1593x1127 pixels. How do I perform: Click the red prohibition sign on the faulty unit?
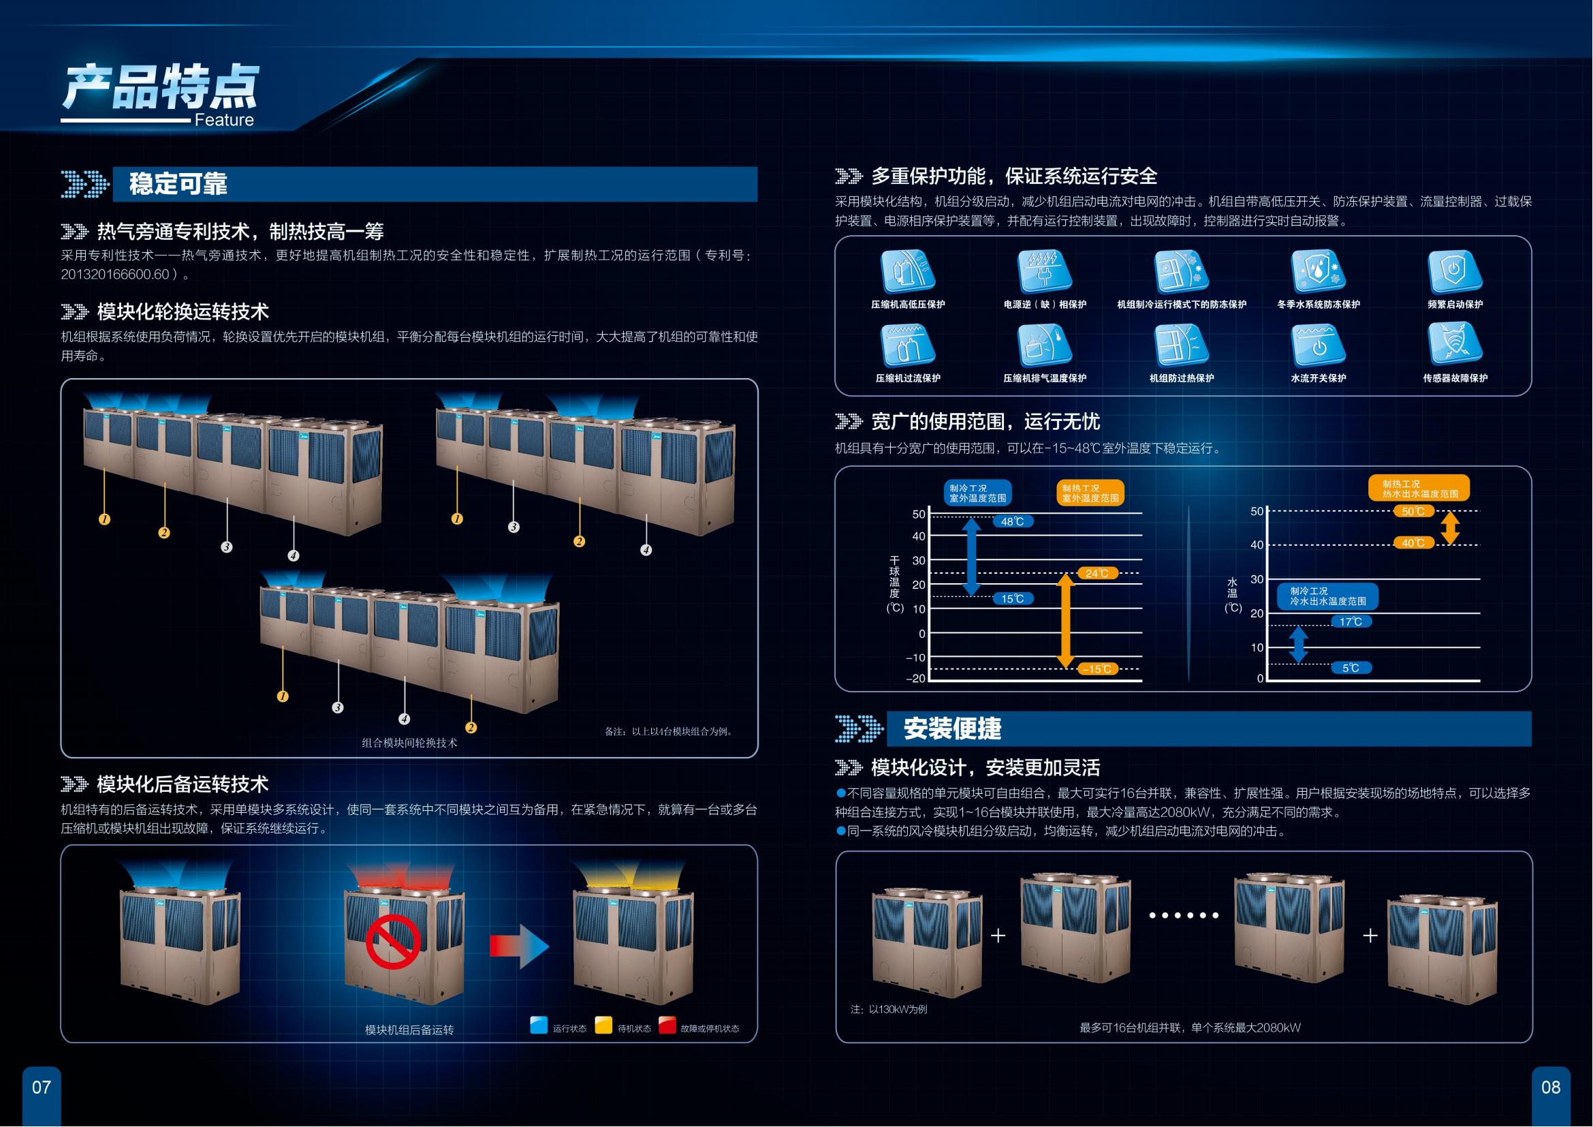[x=394, y=944]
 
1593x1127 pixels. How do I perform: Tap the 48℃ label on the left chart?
[x=1013, y=521]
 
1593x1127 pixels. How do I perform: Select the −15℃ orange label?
[x=1099, y=669]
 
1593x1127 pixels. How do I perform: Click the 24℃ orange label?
[x=1097, y=573]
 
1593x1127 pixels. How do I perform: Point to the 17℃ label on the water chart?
[x=1351, y=622]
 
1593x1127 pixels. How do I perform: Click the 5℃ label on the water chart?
[x=1351, y=668]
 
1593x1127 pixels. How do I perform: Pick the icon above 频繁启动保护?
[x=1455, y=271]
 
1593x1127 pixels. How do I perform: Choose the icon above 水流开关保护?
[x=1319, y=345]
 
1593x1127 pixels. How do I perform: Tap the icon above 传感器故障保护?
[x=1455, y=345]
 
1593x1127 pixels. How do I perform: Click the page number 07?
[x=42, y=1087]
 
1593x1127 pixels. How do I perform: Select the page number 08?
[x=1551, y=1087]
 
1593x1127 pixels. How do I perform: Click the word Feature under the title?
[x=224, y=120]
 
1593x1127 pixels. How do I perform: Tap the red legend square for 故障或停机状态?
[x=667, y=1025]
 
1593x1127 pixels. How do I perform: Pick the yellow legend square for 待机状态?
[x=603, y=1025]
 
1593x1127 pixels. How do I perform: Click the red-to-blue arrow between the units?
[x=519, y=946]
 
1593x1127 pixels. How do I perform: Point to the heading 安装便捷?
[x=952, y=728]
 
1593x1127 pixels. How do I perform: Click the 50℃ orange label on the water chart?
[x=1413, y=512]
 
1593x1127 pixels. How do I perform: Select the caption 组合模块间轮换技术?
[x=409, y=743]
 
